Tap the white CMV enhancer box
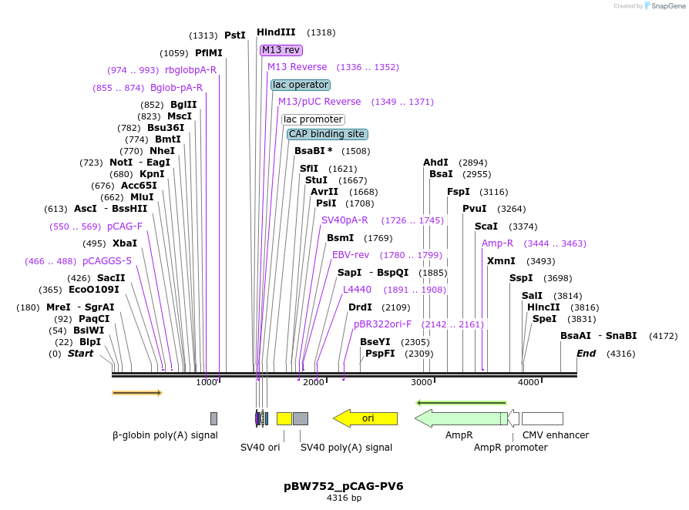(x=542, y=418)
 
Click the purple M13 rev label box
(x=281, y=50)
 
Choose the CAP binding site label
(x=327, y=134)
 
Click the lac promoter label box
(x=313, y=119)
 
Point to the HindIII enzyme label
(x=276, y=32)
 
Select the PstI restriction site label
(x=234, y=35)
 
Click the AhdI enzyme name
(x=435, y=163)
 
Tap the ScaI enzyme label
(x=486, y=226)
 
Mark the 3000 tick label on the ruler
(x=422, y=383)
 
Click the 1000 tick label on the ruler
(x=207, y=383)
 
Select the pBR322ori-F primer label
(x=382, y=324)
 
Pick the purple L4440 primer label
(x=357, y=290)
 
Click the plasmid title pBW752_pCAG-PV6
(x=344, y=486)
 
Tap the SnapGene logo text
(x=664, y=6)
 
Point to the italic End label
(x=586, y=354)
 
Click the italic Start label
(x=80, y=354)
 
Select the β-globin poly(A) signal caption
(x=165, y=435)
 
